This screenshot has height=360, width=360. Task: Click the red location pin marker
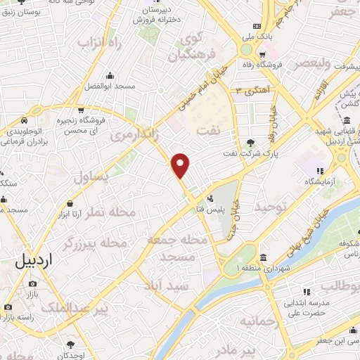(x=181, y=165)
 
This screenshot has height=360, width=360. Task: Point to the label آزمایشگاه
(x=321, y=181)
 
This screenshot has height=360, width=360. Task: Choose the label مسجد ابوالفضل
(x=109, y=86)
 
